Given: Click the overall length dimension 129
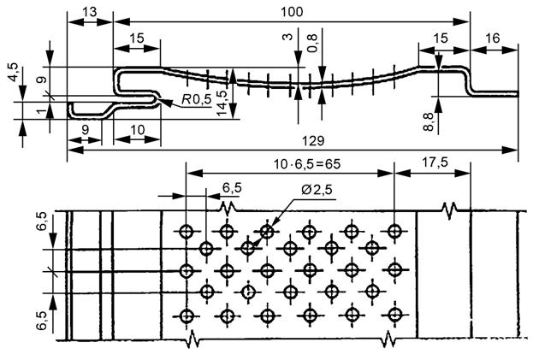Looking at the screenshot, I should click(290, 139).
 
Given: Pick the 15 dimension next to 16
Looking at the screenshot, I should click(441, 38).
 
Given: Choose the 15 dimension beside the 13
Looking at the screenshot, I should click(137, 38).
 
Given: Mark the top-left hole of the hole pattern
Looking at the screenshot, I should click(186, 230).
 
